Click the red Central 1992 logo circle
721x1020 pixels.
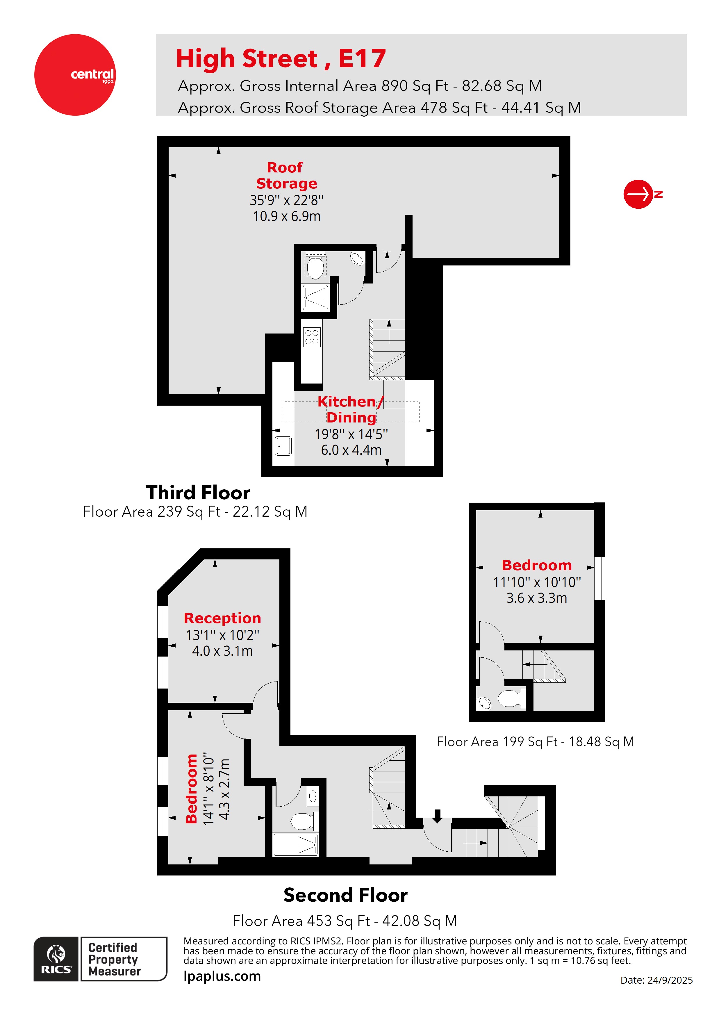75,75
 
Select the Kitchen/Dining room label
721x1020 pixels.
351,409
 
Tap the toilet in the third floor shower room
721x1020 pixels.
315,267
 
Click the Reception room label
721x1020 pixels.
222,618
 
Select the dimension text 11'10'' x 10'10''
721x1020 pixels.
537,582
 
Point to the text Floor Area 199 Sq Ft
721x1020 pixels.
535,741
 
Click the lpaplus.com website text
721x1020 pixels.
222,976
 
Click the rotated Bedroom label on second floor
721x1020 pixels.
192,789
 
